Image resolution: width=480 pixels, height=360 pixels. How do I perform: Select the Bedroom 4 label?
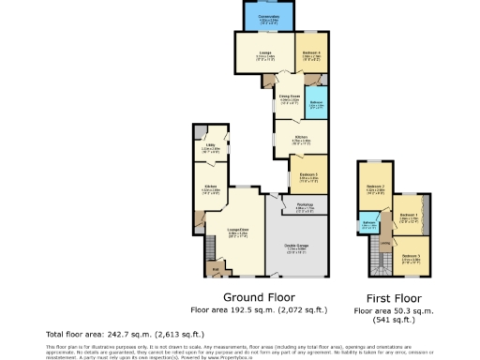tap(310, 53)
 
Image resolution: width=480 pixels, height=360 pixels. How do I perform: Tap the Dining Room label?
tap(289, 97)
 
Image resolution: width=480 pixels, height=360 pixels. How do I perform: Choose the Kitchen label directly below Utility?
tap(211, 187)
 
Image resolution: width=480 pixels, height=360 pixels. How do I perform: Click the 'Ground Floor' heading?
tap(251, 293)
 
